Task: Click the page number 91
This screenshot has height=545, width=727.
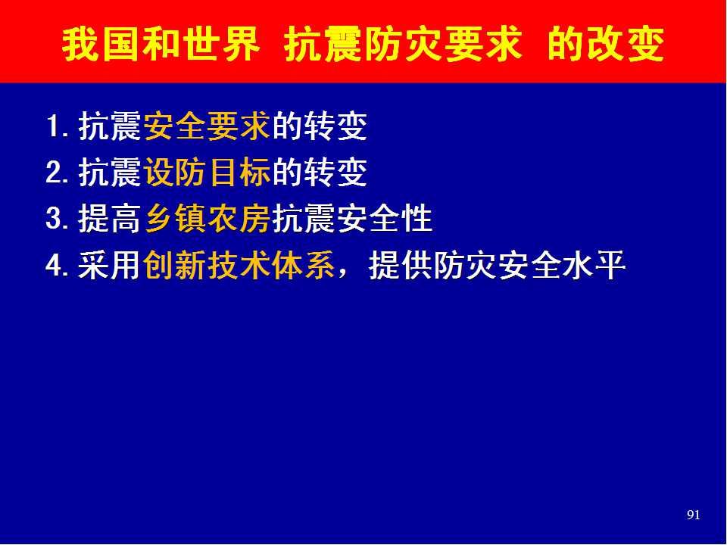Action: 693,515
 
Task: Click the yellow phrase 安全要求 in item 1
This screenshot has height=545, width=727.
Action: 207,126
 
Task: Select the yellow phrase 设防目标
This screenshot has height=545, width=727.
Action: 207,173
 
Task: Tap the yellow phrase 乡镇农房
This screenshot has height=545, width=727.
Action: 207,219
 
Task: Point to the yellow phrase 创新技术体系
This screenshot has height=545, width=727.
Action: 239,266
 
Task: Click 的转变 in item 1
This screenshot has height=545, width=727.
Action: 320,126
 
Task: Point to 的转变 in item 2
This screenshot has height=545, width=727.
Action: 320,173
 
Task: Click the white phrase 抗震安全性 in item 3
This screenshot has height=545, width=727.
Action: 352,219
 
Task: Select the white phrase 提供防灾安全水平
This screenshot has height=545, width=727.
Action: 497,266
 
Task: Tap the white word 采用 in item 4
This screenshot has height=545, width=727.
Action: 109,266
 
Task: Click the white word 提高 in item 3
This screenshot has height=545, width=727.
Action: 109,219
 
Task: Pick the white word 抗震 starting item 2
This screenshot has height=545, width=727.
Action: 109,173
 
